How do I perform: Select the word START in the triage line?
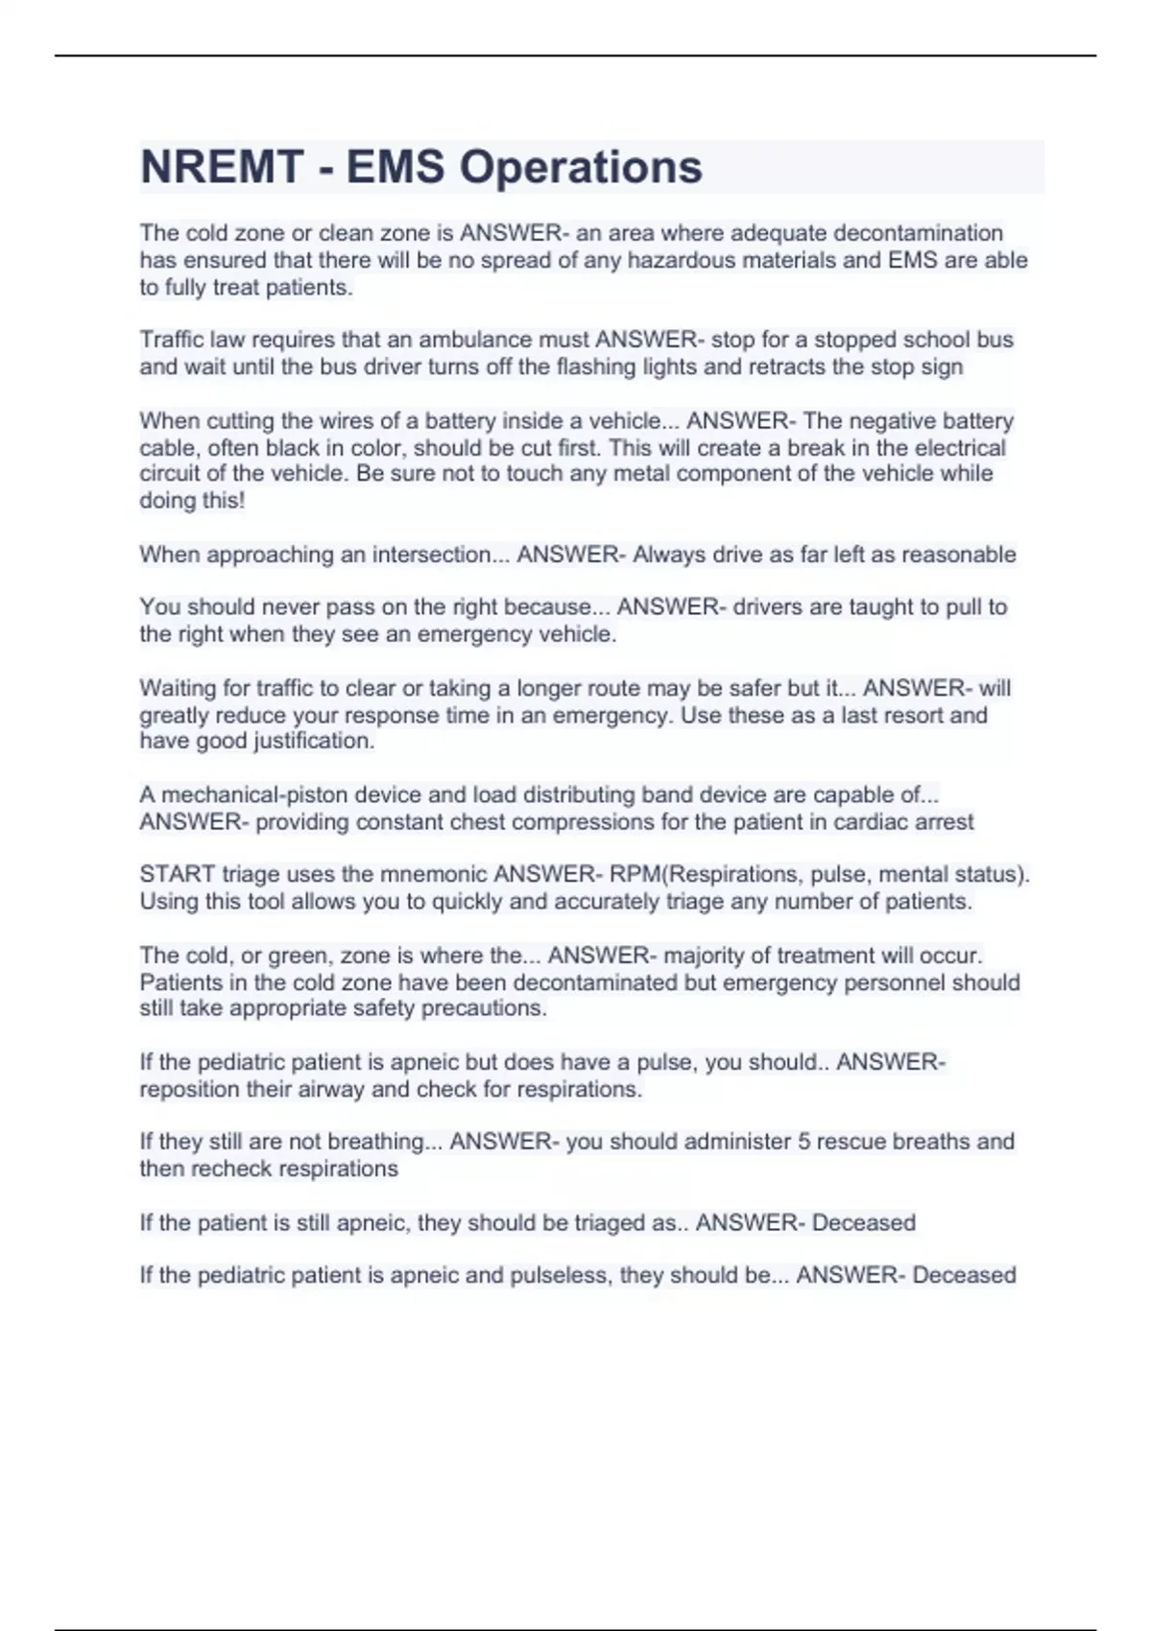point(178,874)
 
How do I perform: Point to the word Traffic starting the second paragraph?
point(171,340)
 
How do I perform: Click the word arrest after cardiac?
point(945,822)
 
